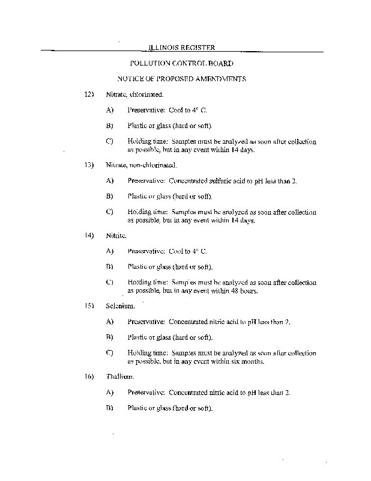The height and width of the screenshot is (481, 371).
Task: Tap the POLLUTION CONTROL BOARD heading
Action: coord(181,63)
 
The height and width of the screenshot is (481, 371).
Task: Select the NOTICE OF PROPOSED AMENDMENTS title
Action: coord(181,78)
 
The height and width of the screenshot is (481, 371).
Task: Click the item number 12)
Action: coord(89,94)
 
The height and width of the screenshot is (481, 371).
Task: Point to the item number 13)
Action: coord(89,164)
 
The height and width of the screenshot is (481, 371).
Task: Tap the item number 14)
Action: coord(89,234)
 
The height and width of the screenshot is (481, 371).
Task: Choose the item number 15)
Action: coord(89,305)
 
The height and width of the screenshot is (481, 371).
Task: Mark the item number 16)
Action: coord(89,376)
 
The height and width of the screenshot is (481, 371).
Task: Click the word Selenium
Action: coord(117,305)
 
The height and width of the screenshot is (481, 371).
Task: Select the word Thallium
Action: coord(118,376)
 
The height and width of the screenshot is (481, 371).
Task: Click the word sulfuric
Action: coord(214,180)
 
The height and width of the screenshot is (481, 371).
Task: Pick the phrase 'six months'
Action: coord(246,362)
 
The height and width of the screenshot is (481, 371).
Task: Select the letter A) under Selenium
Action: coord(109,322)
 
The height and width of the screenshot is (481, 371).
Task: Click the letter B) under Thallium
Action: coord(109,408)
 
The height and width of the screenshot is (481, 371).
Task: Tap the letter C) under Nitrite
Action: coord(109,282)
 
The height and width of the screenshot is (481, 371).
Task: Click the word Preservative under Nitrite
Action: coord(145,251)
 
